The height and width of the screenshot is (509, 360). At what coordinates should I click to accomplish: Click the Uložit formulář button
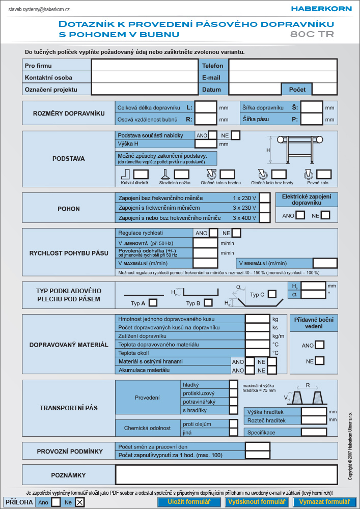point(189,501)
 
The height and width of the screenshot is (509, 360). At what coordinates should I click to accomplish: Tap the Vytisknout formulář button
point(257,501)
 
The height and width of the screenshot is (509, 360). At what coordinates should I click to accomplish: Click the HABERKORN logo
point(321,9)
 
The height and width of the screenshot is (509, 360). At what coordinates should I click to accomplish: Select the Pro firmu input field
point(145,65)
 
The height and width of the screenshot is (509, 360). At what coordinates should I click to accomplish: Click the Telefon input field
point(283,65)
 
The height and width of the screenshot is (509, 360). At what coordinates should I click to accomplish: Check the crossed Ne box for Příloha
point(79,502)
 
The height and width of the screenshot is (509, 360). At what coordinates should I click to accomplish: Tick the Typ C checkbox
point(272,294)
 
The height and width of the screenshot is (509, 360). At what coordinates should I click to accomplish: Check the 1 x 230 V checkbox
point(265,197)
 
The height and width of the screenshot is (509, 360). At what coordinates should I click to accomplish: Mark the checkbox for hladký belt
point(233,385)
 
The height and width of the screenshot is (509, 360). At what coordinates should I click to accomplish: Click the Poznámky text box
point(226,475)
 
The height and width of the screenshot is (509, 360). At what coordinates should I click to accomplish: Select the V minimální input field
point(325,263)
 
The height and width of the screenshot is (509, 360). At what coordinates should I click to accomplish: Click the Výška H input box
point(206,144)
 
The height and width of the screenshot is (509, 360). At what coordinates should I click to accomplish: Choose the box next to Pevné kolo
point(324,174)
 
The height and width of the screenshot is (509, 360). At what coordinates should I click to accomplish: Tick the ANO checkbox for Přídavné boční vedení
point(320,345)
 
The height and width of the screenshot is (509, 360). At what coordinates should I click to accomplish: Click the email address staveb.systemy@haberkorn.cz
point(39,9)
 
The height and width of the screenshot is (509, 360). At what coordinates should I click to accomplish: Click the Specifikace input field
point(314,432)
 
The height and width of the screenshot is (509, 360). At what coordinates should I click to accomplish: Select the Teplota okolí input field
point(258,353)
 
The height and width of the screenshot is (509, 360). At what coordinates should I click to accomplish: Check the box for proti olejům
point(233,423)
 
